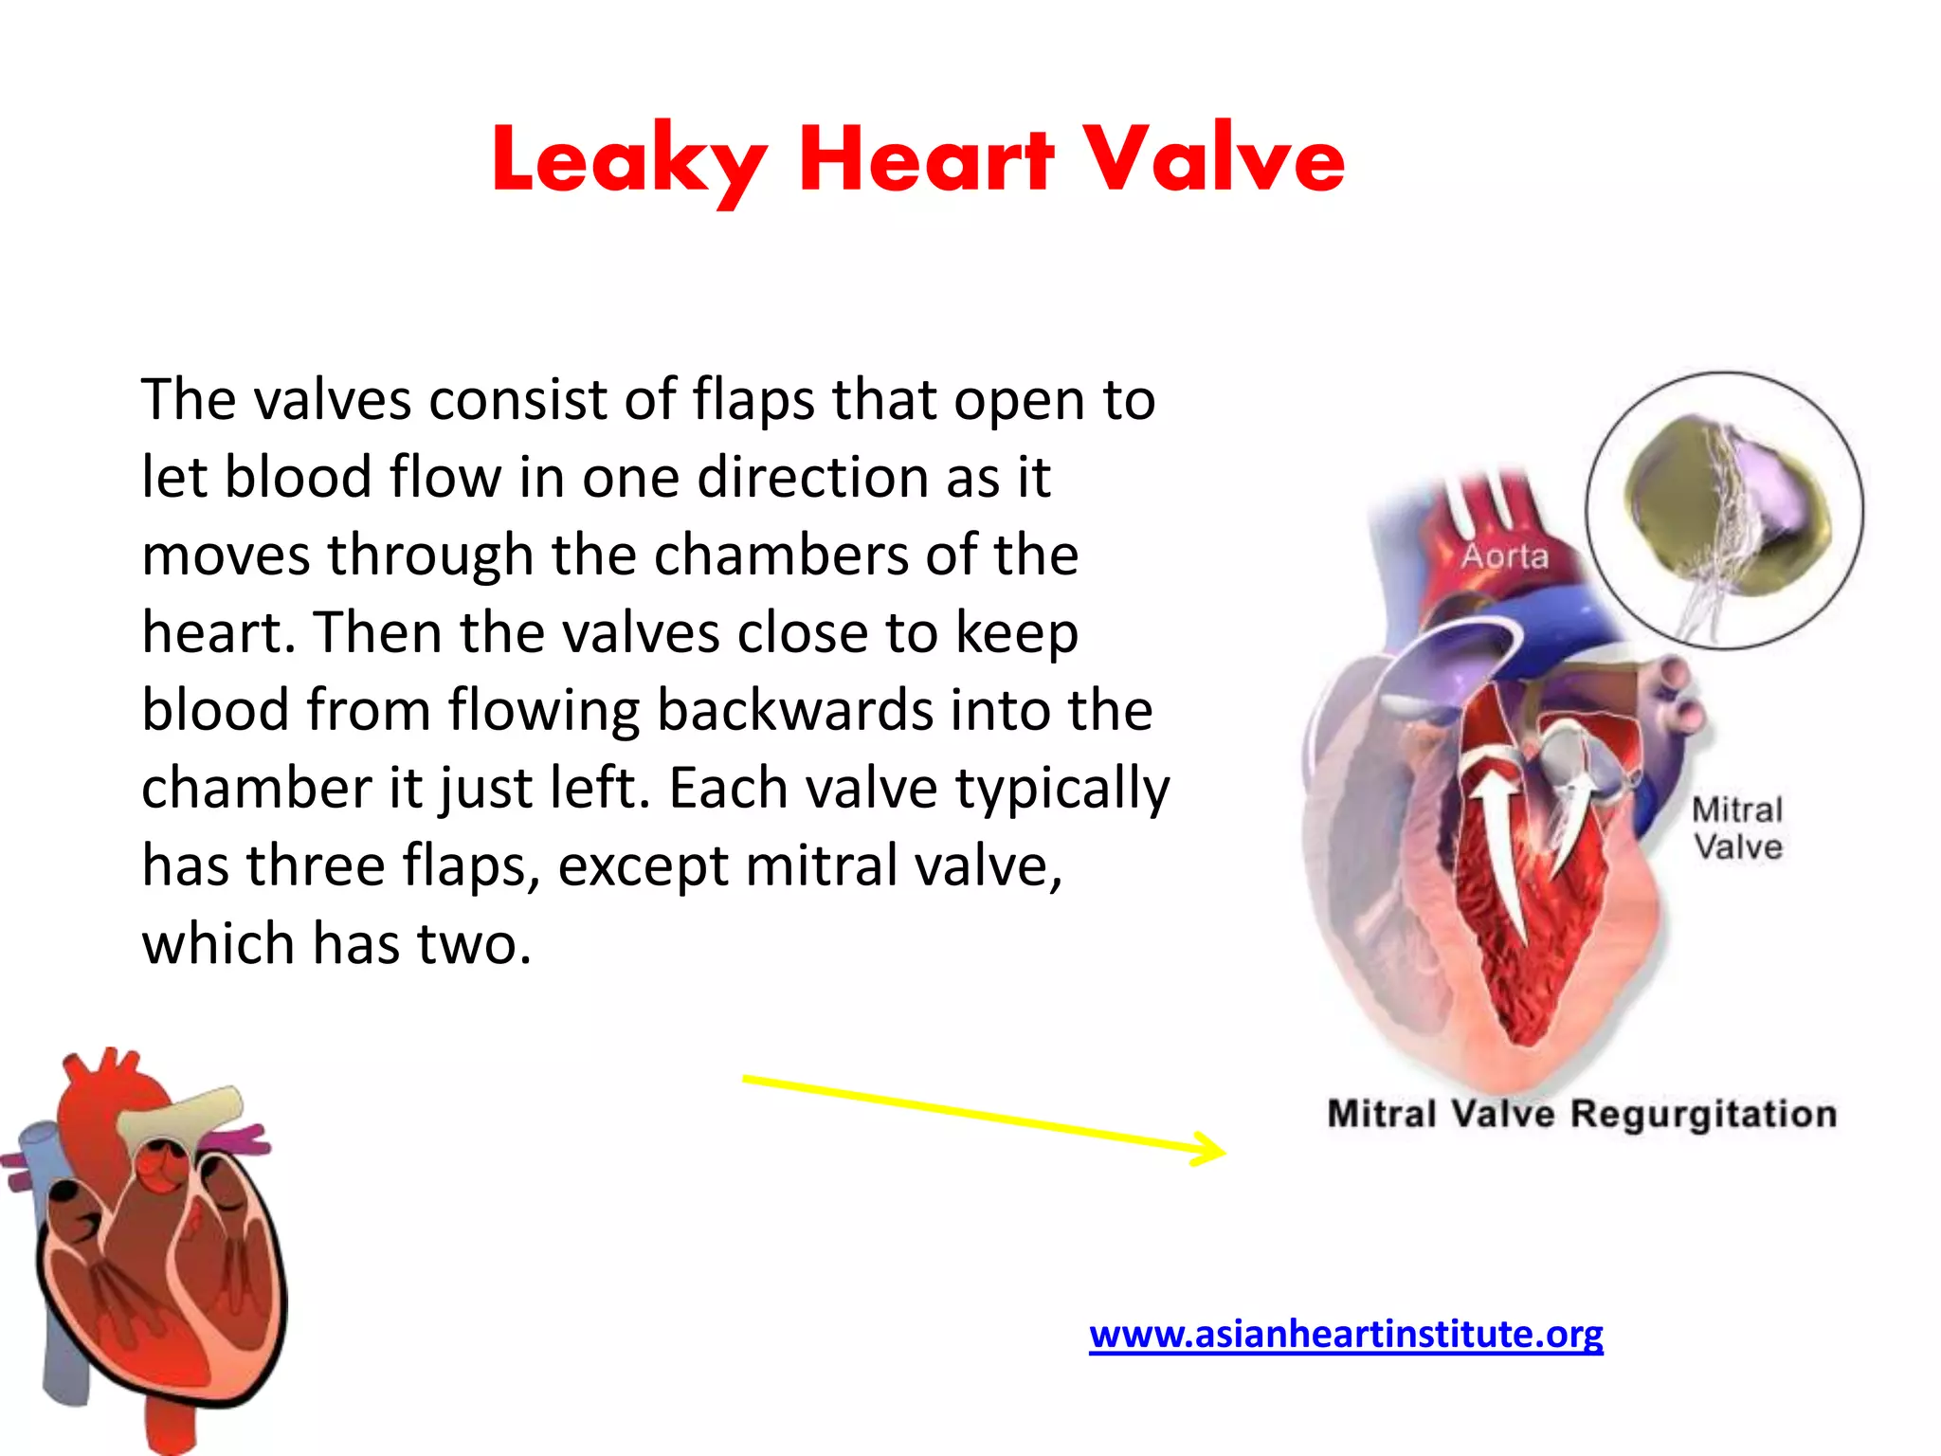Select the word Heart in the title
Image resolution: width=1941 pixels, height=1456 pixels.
(926, 158)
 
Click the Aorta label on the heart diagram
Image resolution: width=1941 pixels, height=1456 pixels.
(1504, 556)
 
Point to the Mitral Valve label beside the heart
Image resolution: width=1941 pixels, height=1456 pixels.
(1737, 828)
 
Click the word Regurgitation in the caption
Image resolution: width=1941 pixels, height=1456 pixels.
(1703, 1114)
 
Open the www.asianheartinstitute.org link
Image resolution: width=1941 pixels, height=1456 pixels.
(1346, 1334)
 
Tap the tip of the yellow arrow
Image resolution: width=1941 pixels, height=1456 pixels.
(1223, 1153)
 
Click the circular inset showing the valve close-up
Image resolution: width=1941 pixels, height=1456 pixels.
(1724, 510)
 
